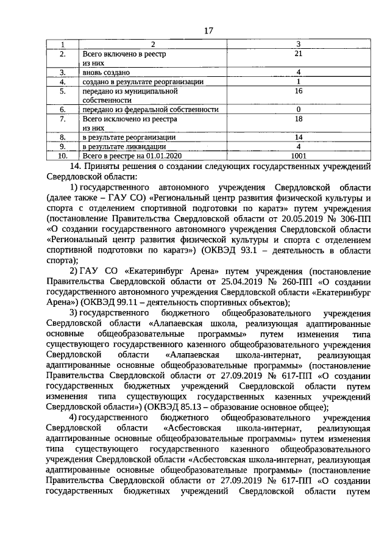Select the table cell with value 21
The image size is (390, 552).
pos(299,54)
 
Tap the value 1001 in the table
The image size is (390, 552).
pos(299,156)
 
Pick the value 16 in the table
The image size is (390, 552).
pos(299,91)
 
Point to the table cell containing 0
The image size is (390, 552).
pos(299,109)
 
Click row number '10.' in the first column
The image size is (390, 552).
pos(62,156)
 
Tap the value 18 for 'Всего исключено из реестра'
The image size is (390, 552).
pos(299,120)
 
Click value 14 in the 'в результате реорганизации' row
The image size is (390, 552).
pos(299,138)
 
